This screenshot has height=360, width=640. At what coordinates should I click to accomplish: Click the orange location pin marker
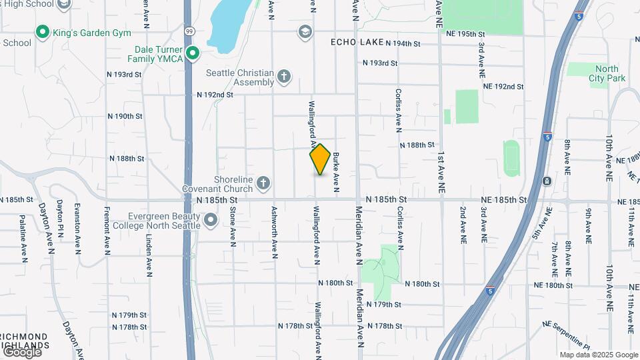[321, 159]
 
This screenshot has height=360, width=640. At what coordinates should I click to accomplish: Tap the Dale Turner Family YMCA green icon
[193, 53]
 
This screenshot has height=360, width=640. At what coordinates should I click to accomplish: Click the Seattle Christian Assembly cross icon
[284, 77]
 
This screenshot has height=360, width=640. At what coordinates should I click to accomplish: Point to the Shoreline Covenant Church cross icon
[263, 183]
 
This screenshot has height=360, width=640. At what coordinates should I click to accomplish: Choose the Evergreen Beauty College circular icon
[211, 219]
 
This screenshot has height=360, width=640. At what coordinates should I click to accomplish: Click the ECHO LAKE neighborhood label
[357, 43]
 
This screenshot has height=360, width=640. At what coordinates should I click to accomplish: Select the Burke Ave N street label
[337, 171]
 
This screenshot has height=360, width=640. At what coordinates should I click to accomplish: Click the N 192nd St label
[215, 95]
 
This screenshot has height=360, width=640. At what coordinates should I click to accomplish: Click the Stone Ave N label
[233, 227]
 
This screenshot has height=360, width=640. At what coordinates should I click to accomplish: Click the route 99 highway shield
[190, 31]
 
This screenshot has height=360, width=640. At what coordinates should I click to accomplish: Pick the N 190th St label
[125, 116]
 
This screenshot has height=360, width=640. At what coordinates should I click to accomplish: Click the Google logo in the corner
[22, 351]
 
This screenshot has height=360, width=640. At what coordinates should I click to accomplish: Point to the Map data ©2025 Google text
[599, 355]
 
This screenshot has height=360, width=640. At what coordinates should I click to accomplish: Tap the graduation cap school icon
[305, 31]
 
